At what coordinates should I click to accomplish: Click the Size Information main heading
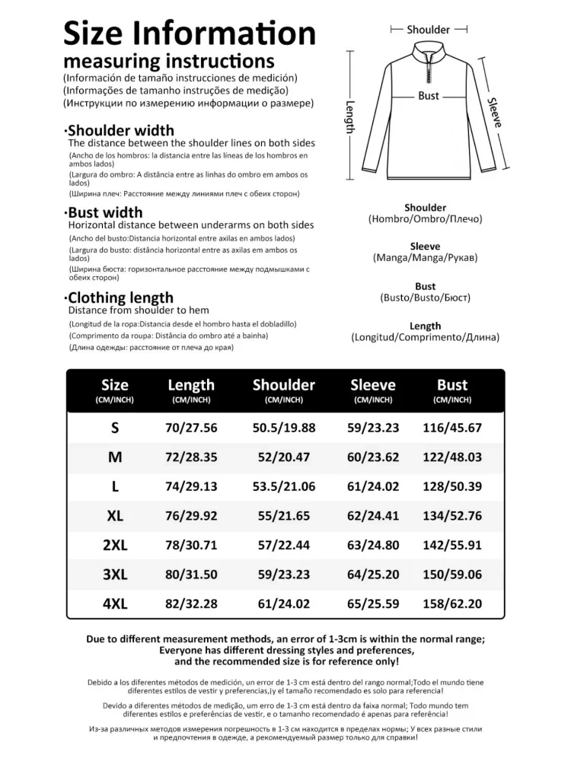(189, 34)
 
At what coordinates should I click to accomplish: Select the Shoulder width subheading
(120, 130)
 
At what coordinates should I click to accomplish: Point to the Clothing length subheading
(120, 298)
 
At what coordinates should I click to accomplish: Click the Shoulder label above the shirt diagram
(428, 30)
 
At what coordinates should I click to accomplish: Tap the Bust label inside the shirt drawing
(429, 96)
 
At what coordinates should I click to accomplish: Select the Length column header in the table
(191, 385)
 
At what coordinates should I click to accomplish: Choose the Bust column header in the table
(452, 385)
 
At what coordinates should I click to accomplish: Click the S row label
(115, 428)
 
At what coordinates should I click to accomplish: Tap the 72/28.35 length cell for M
(191, 457)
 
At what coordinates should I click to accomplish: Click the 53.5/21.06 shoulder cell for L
(284, 486)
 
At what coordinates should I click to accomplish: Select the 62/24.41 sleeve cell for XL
(373, 515)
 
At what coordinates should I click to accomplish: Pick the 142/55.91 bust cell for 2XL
(452, 545)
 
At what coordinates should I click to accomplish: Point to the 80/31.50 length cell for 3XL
(191, 574)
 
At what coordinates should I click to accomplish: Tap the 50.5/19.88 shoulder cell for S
(284, 428)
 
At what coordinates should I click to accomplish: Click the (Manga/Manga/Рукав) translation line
(426, 258)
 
